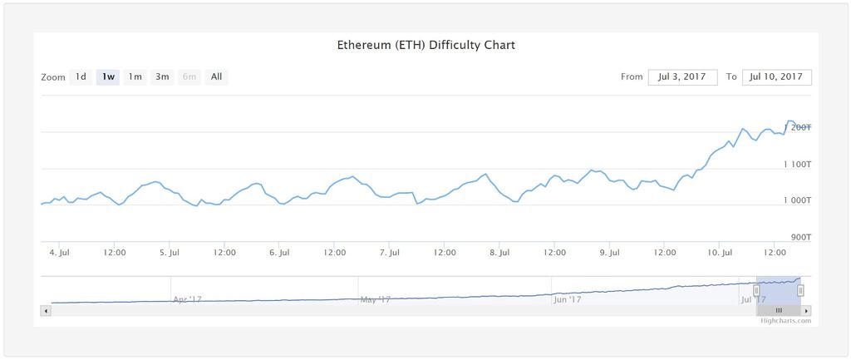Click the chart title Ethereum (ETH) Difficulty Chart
pyautogui.click(x=425, y=45)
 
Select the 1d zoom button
pyautogui.click(x=81, y=77)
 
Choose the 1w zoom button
pyautogui.click(x=108, y=77)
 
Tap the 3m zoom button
pyautogui.click(x=162, y=77)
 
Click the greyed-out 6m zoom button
pyautogui.click(x=189, y=77)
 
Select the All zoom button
pyautogui.click(x=216, y=77)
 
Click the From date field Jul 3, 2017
pyautogui.click(x=681, y=77)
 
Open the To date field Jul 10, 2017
pyautogui.click(x=776, y=77)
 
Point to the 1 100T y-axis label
pyautogui.click(x=797, y=165)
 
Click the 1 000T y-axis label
pyautogui.click(x=797, y=201)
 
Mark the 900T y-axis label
pyautogui.click(x=800, y=238)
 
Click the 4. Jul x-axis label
pyautogui.click(x=59, y=252)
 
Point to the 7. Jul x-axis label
pyautogui.click(x=388, y=252)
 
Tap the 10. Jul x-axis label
pyautogui.click(x=720, y=252)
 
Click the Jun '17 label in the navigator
pyautogui.click(x=568, y=299)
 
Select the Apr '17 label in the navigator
pyautogui.click(x=187, y=299)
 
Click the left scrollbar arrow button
pyautogui.click(x=45, y=310)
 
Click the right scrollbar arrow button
pyautogui.click(x=806, y=310)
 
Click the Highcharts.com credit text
pyautogui.click(x=785, y=320)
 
